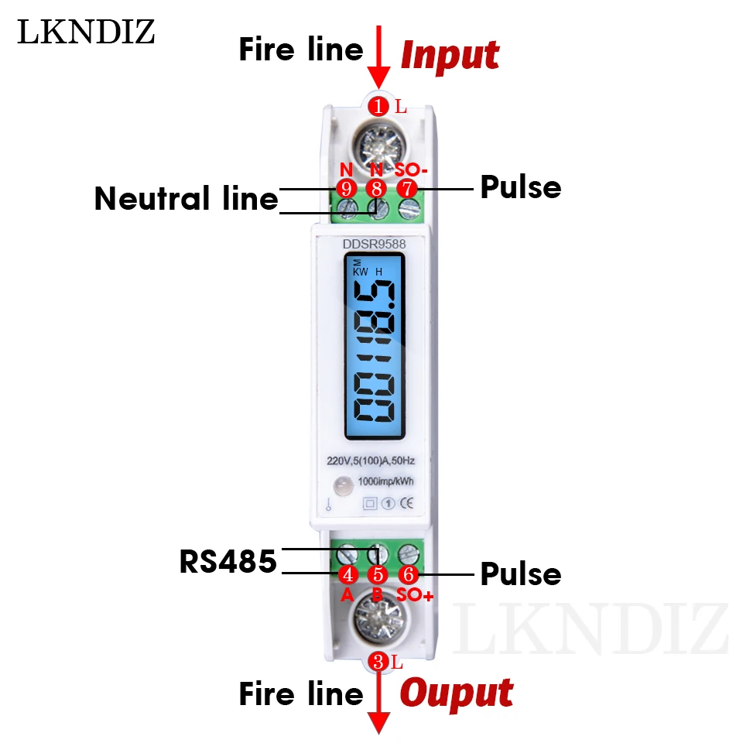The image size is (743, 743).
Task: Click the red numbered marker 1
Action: [378, 106]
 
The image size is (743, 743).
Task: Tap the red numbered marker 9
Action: [345, 187]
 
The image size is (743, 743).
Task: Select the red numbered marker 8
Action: [376, 187]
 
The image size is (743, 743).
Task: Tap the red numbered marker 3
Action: [378, 661]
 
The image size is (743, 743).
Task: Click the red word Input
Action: [449, 56]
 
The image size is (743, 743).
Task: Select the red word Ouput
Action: [456, 693]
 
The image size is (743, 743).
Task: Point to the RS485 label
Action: [228, 563]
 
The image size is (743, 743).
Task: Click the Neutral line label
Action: [186, 200]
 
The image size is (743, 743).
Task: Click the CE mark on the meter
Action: [406, 503]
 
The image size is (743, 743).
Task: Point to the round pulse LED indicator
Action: [341, 488]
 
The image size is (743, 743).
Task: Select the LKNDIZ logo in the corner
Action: [86, 32]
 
